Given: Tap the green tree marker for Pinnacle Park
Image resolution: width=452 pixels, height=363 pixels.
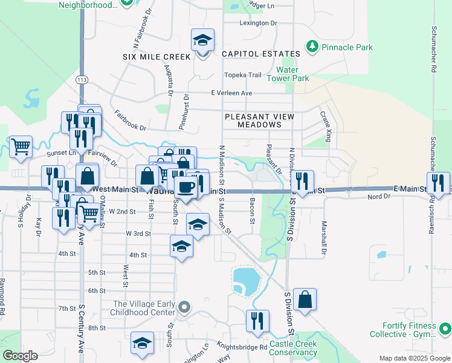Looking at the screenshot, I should pos(312,47).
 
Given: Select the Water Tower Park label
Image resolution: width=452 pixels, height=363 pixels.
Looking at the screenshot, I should pos(292,74).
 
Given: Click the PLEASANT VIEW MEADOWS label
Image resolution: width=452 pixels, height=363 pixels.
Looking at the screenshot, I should pos(259,120).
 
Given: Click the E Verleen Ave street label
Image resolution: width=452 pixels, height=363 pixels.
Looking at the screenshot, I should pos(231,93).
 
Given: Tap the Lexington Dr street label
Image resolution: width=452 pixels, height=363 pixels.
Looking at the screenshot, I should pos(258,23).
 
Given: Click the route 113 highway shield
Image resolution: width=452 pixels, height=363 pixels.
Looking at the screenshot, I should pos(83,79).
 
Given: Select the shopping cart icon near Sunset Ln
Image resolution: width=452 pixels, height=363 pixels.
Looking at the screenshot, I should pos(21,146).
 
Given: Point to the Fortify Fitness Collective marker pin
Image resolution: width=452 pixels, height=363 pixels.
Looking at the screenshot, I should pos(445,329).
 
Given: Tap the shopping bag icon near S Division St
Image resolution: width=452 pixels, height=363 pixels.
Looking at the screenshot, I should pos(305,299).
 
